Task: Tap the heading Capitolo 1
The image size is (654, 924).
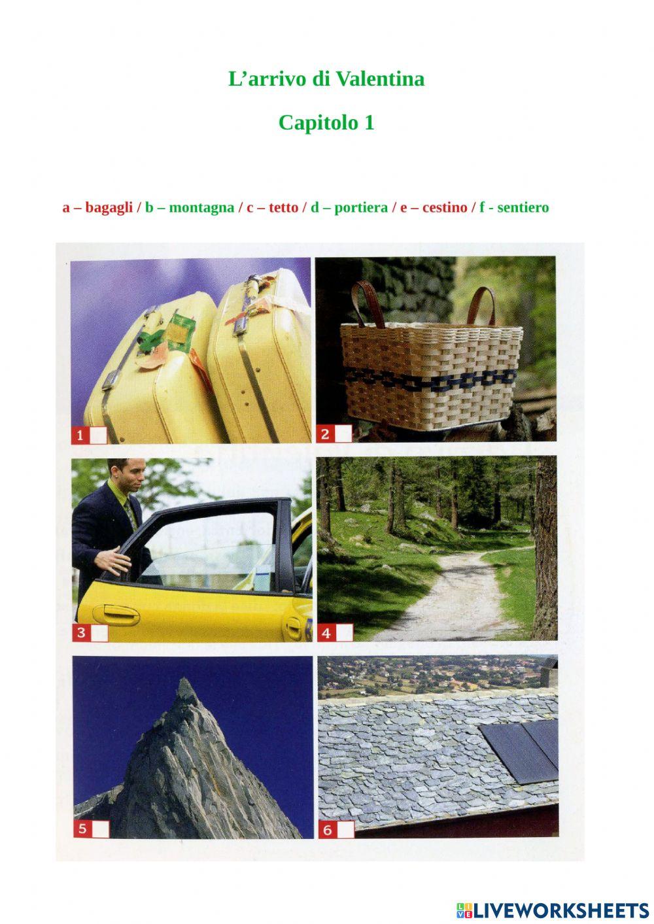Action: click(x=326, y=122)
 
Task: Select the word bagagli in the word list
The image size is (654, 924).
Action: click(x=109, y=207)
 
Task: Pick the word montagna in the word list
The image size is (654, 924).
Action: click(x=201, y=207)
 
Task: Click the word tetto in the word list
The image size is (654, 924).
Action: click(x=283, y=207)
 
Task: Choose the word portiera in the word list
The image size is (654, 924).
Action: click(x=361, y=207)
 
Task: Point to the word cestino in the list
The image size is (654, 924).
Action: click(x=445, y=207)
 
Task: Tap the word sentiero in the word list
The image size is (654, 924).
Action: click(x=523, y=207)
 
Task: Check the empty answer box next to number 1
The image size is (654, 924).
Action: click(x=98, y=435)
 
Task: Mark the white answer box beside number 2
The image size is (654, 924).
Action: click(x=343, y=434)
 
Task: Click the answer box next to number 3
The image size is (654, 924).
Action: click(x=99, y=633)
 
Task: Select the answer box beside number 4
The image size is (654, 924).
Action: click(x=345, y=632)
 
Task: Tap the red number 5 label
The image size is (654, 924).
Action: click(x=82, y=829)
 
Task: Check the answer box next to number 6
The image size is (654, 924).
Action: click(x=346, y=830)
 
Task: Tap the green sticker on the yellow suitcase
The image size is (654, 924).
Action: click(x=179, y=332)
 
